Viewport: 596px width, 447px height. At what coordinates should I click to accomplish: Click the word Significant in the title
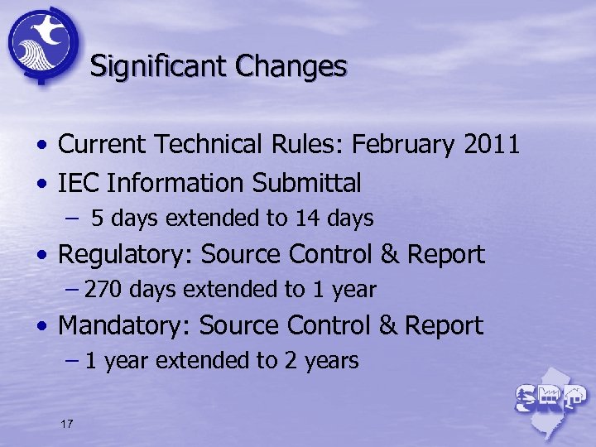[x=154, y=66]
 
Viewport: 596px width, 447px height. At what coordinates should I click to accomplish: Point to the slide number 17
[x=67, y=424]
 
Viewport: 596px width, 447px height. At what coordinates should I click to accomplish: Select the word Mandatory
[x=125, y=325]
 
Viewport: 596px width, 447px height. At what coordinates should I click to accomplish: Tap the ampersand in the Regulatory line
[x=390, y=254]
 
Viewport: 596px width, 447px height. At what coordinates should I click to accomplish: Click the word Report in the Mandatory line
[x=443, y=325]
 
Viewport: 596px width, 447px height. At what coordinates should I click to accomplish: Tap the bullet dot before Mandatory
[x=41, y=327]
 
